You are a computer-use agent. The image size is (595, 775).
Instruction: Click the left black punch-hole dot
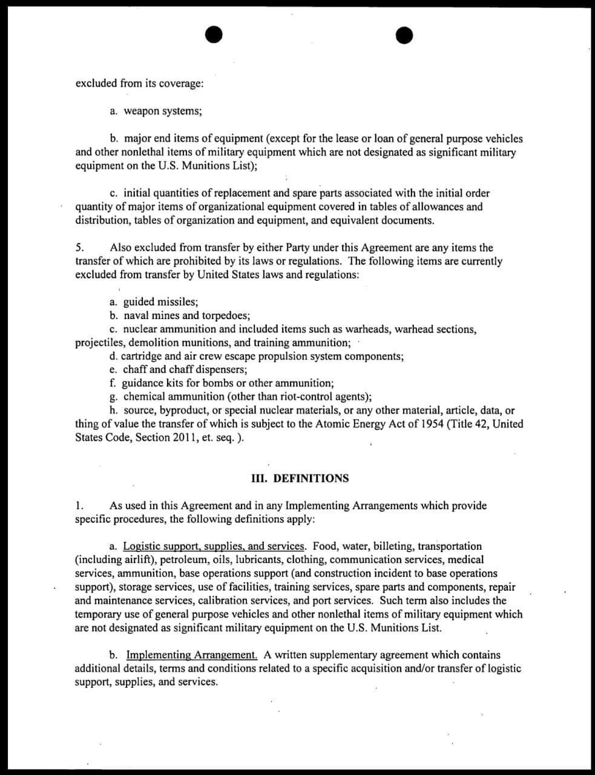214,36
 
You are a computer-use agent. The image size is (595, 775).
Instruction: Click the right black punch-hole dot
405,36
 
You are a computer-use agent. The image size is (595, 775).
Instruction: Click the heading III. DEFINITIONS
300,478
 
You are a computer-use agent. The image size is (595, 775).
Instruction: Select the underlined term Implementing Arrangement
192,655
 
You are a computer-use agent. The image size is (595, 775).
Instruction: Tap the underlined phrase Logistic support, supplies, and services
214,546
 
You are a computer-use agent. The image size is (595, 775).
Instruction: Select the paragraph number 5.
79,248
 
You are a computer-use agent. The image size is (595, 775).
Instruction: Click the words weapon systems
162,111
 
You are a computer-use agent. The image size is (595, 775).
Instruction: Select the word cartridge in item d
141,356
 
